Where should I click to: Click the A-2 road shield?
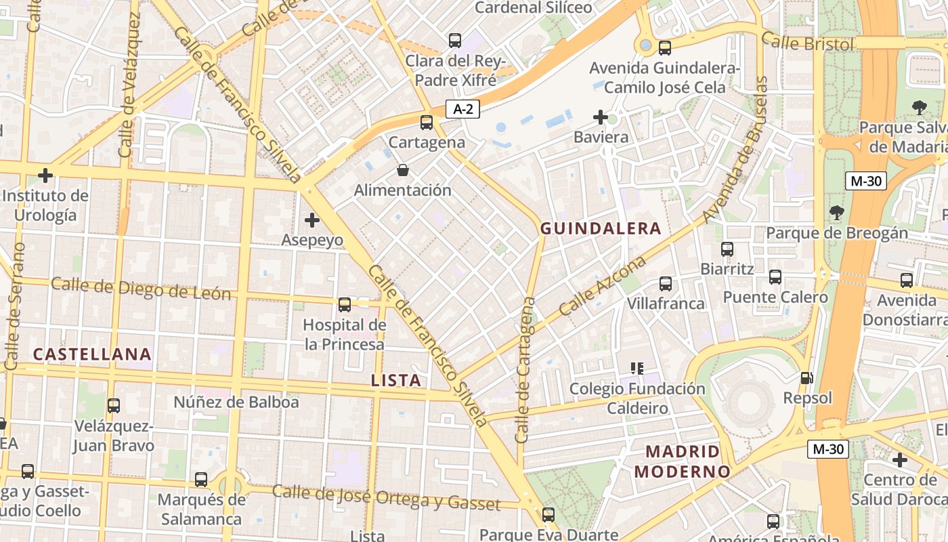pos(462,108)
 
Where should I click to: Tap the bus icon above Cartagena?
pos(426,123)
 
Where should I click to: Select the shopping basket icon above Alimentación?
pos(402,169)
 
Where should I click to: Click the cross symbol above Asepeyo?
pos(312,220)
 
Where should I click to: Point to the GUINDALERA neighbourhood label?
pos(600,228)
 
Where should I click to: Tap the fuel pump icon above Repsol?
pos(806,377)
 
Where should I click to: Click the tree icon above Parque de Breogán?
pos(837,213)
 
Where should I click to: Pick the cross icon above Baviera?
pos(600,117)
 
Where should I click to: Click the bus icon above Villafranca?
pos(666,283)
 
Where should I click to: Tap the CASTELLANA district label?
pos(92,354)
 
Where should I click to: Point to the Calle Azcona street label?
pos(602,287)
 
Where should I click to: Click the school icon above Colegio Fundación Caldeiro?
pos(637,369)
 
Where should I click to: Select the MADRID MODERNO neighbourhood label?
pos(682,461)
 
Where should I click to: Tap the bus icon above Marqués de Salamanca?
pos(201,480)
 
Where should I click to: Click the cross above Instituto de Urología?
pos(45,175)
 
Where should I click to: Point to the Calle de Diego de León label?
pos(141,289)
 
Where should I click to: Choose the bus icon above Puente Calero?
pos(775,276)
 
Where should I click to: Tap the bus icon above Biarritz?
pos(727,249)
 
